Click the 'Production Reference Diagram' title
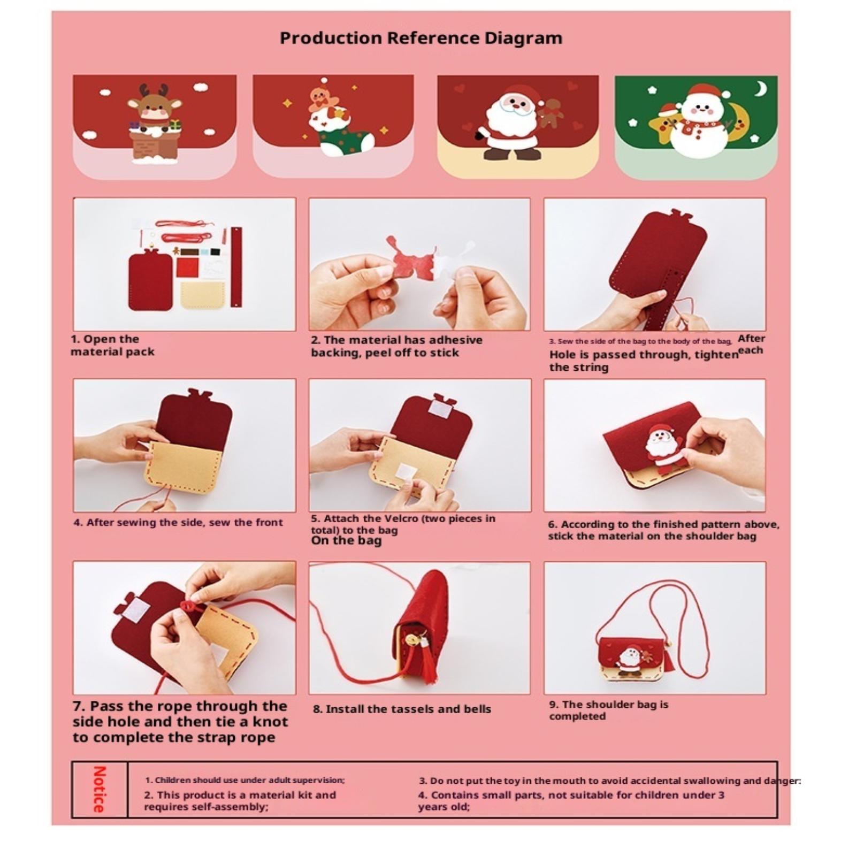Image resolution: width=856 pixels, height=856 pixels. click(x=421, y=38)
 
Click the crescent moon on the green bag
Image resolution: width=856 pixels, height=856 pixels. click(x=760, y=88)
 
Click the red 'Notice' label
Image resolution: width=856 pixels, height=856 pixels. click(x=100, y=789)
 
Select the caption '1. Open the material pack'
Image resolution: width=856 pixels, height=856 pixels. click(x=113, y=345)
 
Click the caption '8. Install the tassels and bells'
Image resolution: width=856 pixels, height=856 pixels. click(x=402, y=709)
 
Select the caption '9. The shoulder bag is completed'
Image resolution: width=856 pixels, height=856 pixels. click(x=609, y=710)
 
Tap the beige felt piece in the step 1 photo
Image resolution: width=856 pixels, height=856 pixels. click(x=202, y=295)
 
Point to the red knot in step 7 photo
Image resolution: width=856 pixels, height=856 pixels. click(x=188, y=607)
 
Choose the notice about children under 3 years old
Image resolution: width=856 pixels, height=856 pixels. click(x=571, y=800)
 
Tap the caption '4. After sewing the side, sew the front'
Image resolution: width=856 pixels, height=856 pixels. click(x=178, y=522)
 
